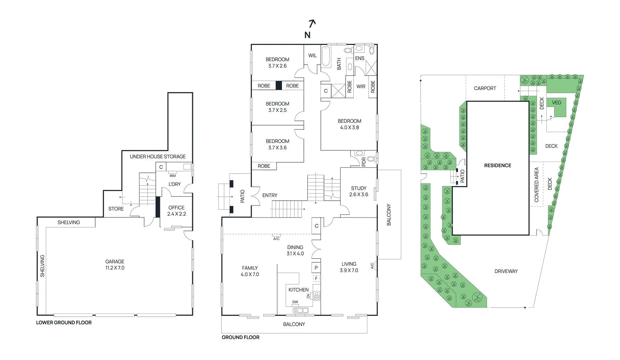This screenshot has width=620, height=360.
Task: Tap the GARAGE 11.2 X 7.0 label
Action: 115,265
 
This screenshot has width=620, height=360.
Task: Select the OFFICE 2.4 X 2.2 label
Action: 176,211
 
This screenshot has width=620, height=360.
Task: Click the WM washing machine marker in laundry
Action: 172,175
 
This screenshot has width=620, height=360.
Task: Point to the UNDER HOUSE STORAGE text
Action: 157,157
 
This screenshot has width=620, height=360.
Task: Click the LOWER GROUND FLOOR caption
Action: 64,322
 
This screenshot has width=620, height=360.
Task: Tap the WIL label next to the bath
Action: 312,55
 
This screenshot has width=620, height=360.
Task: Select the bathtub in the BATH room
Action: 325,57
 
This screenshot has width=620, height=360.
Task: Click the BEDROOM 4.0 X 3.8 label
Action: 349,124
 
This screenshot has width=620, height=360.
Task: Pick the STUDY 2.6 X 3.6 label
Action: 358,191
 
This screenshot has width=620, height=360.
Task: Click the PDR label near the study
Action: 363,162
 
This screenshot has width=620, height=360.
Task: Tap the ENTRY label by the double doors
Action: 270,195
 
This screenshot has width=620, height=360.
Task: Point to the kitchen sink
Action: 300,310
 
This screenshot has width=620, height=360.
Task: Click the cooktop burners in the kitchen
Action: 317,296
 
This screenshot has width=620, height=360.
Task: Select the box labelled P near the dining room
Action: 316,268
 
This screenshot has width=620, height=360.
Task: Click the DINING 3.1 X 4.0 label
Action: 295,250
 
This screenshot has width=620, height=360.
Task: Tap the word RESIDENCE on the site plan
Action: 498,165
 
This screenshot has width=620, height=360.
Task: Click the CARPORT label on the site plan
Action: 485,88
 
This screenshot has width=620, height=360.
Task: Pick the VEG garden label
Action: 556,103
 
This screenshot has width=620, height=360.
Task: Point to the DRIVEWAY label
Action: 506,271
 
